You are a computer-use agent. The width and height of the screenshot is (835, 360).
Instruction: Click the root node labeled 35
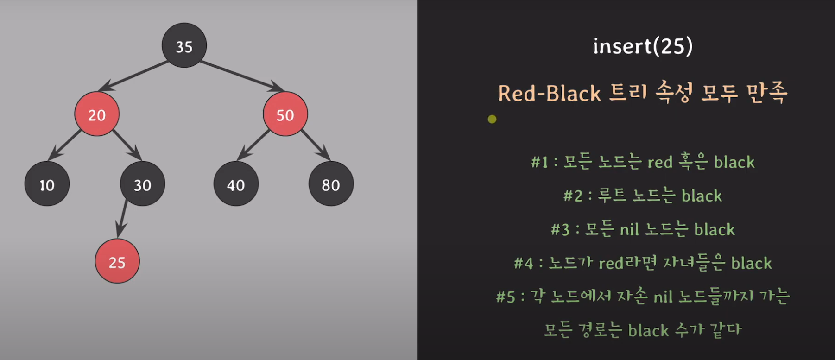(184, 45)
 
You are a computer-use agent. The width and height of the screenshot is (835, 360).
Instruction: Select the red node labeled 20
(97, 114)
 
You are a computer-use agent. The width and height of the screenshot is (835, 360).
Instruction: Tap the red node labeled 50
(285, 114)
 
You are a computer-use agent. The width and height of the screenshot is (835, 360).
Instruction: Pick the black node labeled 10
(47, 184)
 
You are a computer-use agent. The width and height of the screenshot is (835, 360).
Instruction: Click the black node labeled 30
(142, 184)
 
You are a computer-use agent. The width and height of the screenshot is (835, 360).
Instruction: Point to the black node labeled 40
(236, 184)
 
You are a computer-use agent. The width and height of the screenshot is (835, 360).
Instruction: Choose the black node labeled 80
(331, 184)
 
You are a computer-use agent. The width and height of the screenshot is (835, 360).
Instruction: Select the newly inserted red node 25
(117, 261)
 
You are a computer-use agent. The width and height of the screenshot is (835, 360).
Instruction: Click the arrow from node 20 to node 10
(65, 146)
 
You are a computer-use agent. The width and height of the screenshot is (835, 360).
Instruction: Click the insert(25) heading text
(643, 46)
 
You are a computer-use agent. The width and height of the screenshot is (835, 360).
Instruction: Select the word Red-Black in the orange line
(549, 94)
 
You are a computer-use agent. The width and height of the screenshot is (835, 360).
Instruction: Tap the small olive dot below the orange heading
(492, 120)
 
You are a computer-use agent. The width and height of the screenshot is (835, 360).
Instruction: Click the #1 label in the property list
(539, 162)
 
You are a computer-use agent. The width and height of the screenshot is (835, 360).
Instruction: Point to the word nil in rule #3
(629, 229)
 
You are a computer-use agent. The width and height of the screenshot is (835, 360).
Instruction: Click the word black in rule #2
(702, 196)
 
